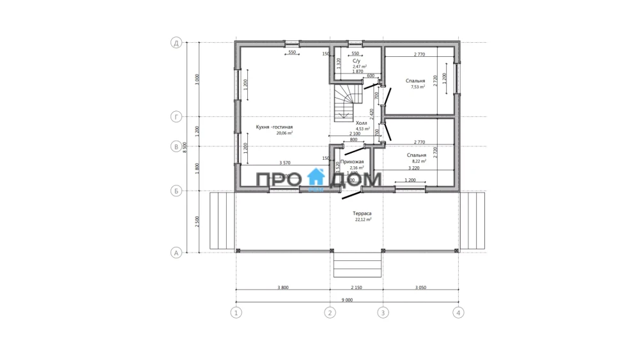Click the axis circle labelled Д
click(x=176, y=43)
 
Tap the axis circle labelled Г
click(x=176, y=117)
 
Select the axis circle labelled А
click(x=176, y=253)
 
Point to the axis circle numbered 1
click(x=236, y=313)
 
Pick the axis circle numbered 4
click(x=458, y=313)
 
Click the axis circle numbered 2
click(x=330, y=313)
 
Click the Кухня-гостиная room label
click(x=274, y=127)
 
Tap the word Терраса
click(x=362, y=214)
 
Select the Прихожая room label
click(x=352, y=162)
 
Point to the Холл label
click(x=362, y=123)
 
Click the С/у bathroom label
click(x=357, y=61)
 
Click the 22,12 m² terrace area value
click(x=363, y=220)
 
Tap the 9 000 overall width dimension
click(x=347, y=299)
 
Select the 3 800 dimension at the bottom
click(x=283, y=288)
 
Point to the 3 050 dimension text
click(x=420, y=288)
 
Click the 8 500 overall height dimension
click(x=185, y=147)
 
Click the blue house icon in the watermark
click(x=316, y=179)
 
